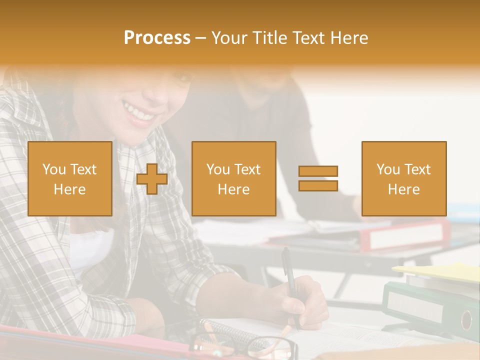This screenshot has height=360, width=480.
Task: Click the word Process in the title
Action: [157, 38]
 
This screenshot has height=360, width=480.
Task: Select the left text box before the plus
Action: [70, 179]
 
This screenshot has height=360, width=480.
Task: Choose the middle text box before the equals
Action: [234, 179]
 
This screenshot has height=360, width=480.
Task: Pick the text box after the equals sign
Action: [404, 179]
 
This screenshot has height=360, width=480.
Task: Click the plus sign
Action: [152, 179]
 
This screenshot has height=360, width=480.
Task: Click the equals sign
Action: [318, 178]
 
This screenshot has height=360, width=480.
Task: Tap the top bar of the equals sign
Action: [318, 171]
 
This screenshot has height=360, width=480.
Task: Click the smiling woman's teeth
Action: [140, 112]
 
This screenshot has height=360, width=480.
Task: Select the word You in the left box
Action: [54, 169]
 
